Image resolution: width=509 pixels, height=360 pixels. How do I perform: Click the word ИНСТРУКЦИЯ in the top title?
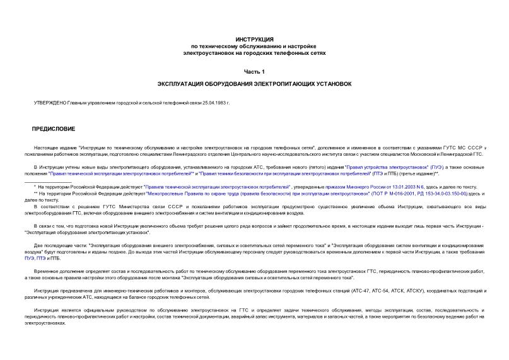tap(254, 39)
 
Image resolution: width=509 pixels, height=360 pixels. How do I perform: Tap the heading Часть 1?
tap(254, 72)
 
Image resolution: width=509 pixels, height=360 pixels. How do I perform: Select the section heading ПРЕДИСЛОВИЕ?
tap(54, 129)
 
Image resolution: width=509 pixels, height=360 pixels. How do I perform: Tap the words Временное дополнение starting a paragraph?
tap(59, 270)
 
